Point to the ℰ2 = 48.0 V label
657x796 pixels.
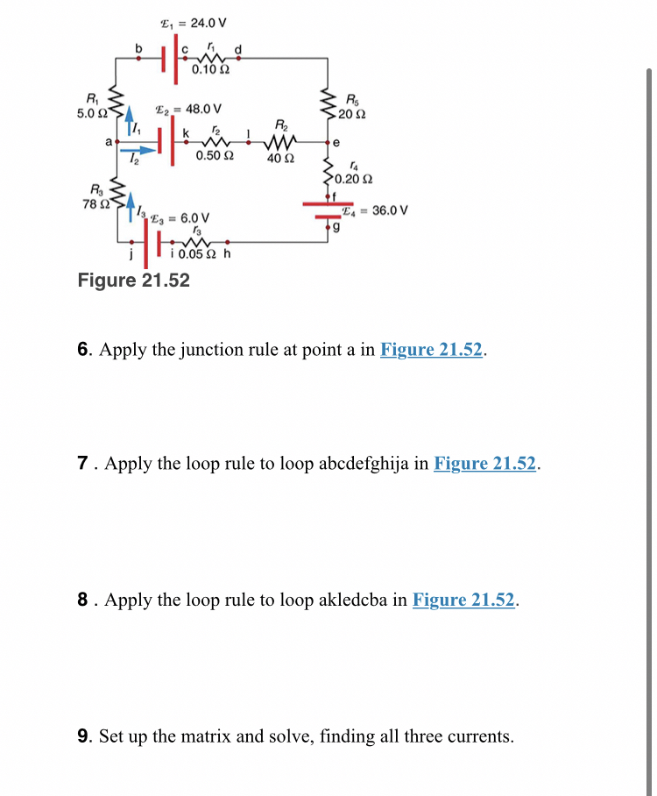[x=188, y=110]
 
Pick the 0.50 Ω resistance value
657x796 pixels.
[x=215, y=155]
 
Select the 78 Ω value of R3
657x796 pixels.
[x=93, y=203]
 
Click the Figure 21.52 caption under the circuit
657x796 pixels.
[x=133, y=281]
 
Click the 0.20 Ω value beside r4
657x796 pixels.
[x=353, y=180]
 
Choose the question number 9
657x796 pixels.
[x=83, y=736]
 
